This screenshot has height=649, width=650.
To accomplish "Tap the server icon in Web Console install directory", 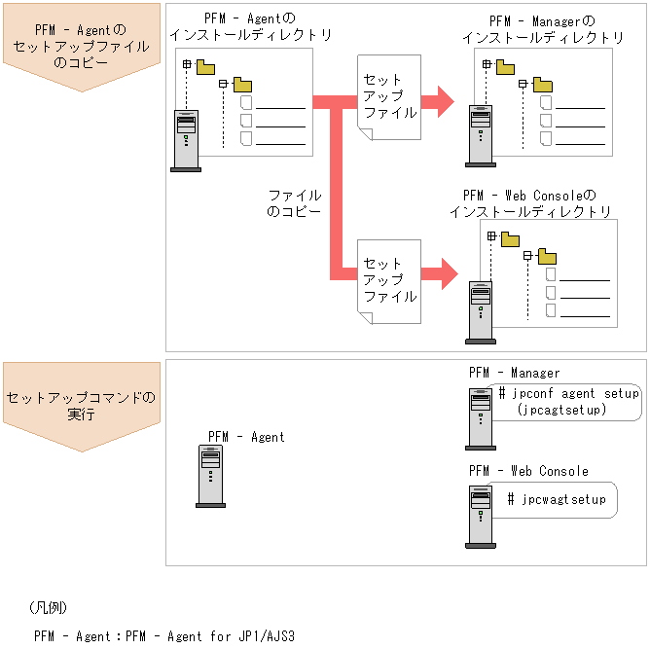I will click(480, 311).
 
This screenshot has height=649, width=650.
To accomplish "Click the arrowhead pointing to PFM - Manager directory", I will click(444, 99).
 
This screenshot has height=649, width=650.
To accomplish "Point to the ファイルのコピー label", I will click(294, 202).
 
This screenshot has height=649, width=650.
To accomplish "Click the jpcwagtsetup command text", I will click(557, 499).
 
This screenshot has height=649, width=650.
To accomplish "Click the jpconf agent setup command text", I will click(568, 393).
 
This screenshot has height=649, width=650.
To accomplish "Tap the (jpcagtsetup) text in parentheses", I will click(561, 410).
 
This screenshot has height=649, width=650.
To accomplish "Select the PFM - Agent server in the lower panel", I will click(211, 476).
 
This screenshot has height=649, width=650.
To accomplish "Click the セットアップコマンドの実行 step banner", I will click(82, 406).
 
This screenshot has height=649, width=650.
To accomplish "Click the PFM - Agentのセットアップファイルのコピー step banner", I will click(82, 47).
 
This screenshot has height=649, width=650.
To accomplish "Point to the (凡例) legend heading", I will click(48, 606).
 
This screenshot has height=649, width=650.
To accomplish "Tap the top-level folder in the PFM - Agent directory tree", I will click(205, 67).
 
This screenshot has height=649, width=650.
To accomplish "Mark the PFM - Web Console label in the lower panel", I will click(527, 471).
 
